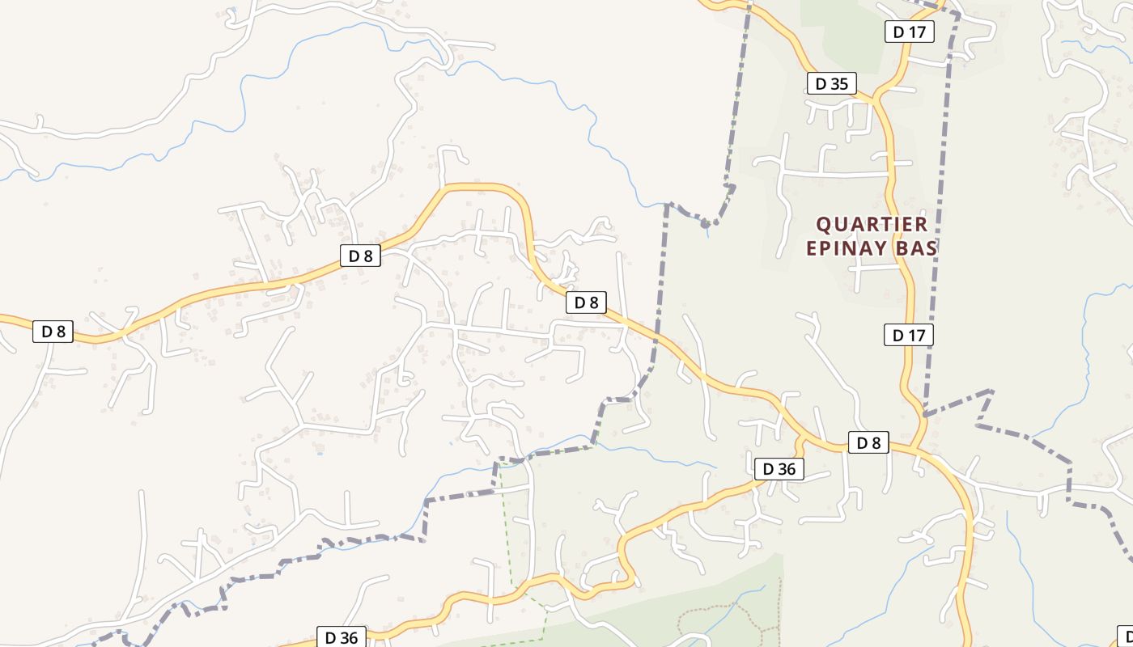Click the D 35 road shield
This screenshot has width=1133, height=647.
831,83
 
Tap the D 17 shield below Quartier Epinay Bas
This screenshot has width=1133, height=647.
909,334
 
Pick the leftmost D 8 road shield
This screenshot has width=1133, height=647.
53,331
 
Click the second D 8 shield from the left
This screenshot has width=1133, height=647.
360,256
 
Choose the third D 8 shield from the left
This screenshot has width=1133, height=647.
586,302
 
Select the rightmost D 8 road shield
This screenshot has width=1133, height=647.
868,442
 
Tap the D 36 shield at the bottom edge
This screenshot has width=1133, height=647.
341,637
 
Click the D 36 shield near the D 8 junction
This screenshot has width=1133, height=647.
779,468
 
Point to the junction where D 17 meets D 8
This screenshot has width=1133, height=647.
916,448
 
